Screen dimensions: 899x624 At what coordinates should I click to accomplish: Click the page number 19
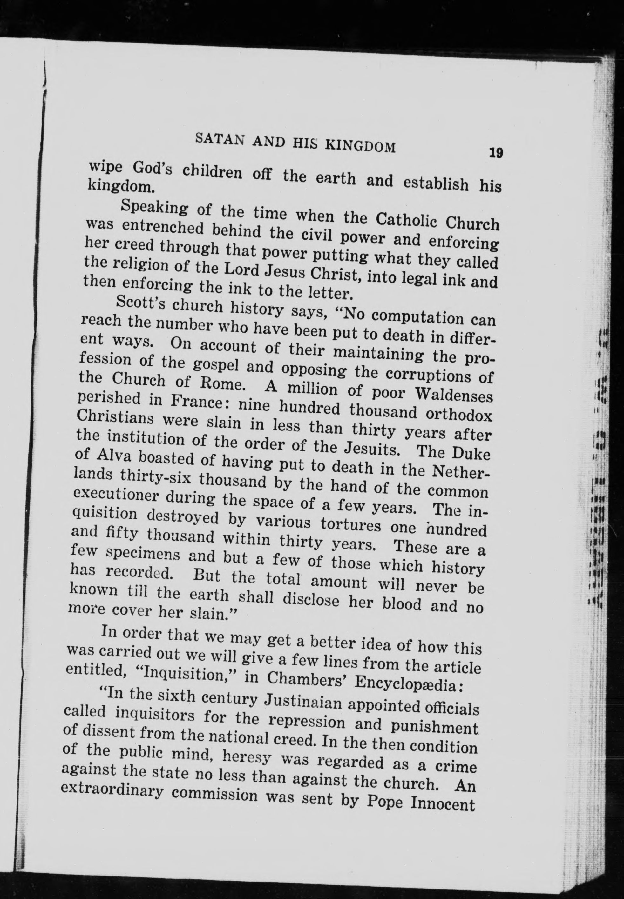(495, 152)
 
